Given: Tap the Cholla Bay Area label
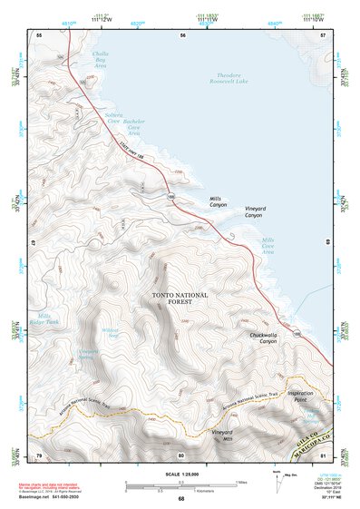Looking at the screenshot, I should tap(101, 60).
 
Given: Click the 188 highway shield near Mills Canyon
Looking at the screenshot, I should tap(170, 195).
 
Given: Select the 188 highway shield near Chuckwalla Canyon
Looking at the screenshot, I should tap(297, 335).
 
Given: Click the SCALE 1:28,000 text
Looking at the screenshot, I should tap(180, 475).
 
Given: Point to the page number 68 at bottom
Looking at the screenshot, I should tap(180, 498).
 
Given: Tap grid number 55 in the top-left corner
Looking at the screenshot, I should tap(39, 34).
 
